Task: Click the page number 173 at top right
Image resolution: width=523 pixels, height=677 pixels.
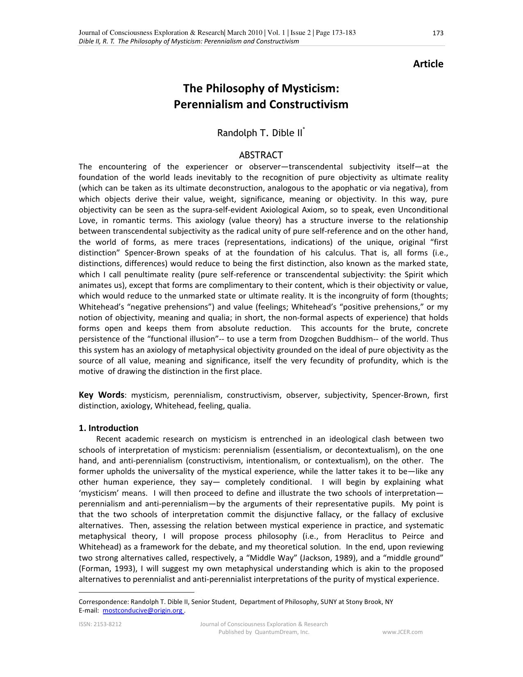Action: click(438, 33)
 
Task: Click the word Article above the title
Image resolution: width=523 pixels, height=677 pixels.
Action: click(428, 64)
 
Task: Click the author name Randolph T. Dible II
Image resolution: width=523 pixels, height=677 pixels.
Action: click(260, 133)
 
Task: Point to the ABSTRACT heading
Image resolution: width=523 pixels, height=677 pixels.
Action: click(261, 155)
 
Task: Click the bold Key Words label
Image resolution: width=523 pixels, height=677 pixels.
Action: click(101, 395)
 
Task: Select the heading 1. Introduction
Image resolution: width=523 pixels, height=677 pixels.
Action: click(108, 428)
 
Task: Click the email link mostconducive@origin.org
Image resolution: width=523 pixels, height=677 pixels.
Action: click(143, 611)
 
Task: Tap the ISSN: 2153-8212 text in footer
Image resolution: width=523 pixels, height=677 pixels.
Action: click(100, 624)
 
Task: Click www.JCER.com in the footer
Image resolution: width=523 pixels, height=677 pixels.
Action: click(402, 632)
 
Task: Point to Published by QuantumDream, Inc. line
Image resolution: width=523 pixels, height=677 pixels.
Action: click(264, 632)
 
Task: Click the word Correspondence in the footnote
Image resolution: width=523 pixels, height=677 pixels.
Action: click(103, 602)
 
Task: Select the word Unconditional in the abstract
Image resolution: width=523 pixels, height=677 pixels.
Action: click(423, 210)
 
